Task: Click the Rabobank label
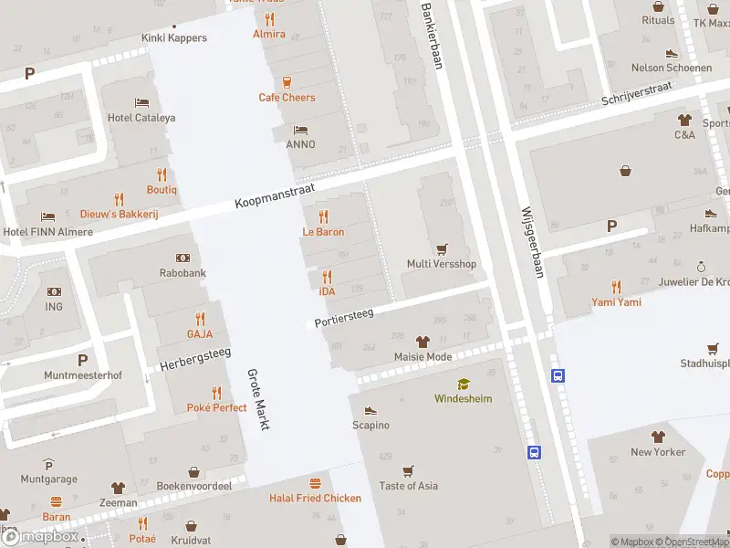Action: point(183,272)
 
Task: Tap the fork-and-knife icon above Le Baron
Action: point(323,216)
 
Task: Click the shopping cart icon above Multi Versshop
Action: point(442,248)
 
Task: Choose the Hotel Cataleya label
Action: point(141,117)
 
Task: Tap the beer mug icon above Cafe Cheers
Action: point(287,82)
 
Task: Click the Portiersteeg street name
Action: point(345,317)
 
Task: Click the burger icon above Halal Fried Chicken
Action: point(315,482)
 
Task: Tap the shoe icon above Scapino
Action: point(370,410)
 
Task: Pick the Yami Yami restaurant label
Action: point(616,302)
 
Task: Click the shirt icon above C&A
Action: point(684,120)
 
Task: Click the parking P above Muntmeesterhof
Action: point(82,360)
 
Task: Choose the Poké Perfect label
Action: point(216,407)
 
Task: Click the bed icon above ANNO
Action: point(300,129)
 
